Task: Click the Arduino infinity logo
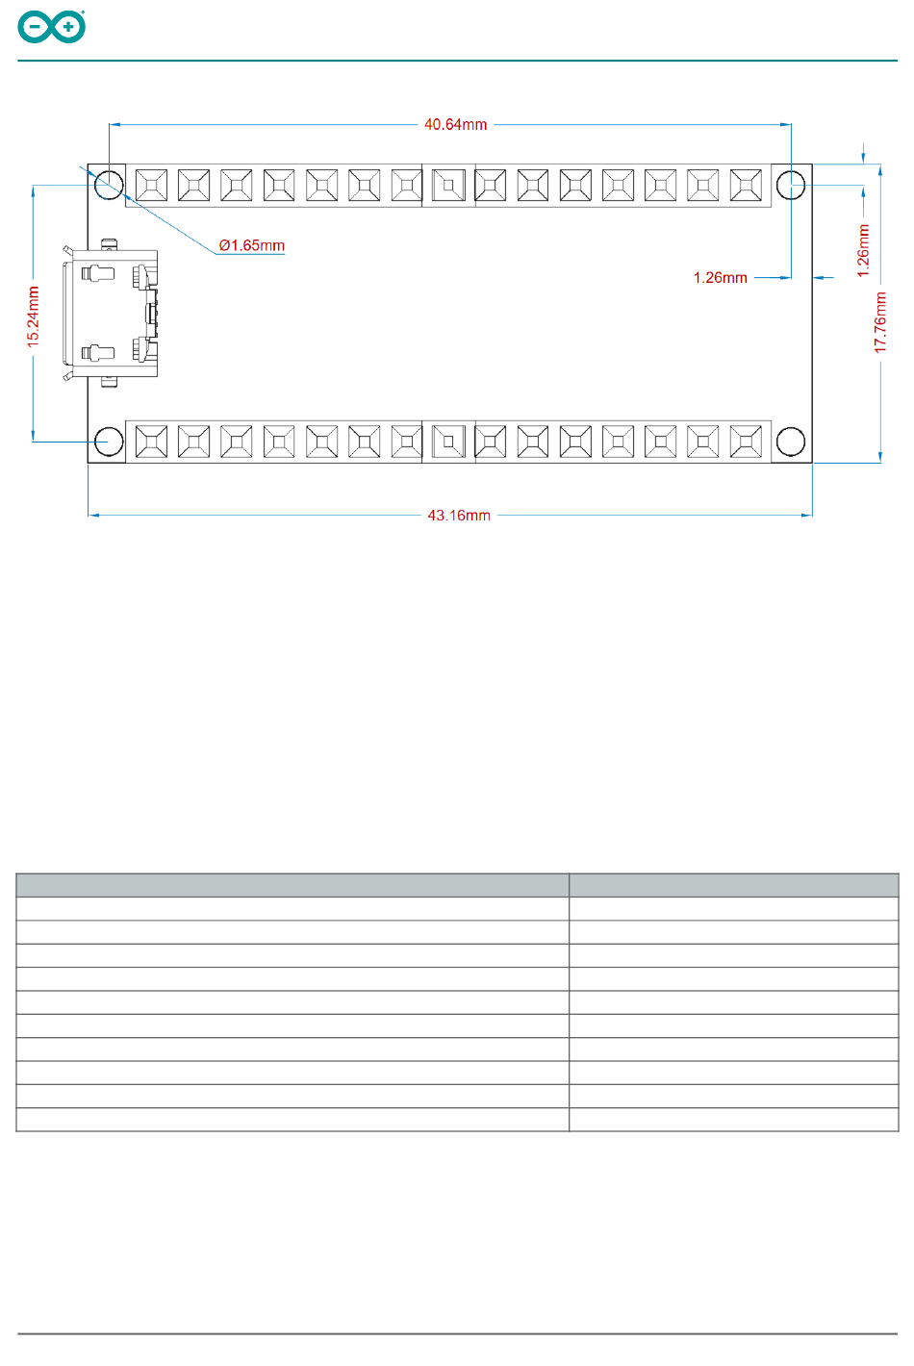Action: point(51,27)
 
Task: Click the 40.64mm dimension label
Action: point(455,124)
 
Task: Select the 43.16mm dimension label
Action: point(459,516)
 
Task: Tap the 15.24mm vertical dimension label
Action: point(33,317)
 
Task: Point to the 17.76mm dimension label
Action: point(880,322)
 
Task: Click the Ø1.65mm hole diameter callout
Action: point(251,245)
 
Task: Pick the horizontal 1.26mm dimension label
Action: point(720,277)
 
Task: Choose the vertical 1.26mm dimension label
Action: point(863,251)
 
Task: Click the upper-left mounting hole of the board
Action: point(109,185)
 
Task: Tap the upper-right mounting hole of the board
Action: point(791,185)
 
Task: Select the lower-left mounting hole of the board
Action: point(109,442)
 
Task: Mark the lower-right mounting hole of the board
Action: point(791,442)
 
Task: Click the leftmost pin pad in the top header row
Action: point(151,185)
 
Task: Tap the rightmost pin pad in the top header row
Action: point(746,185)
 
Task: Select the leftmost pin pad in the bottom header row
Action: point(151,442)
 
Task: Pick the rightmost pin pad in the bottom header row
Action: point(746,442)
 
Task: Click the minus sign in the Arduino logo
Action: point(35,27)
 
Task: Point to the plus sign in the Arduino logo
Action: point(68,27)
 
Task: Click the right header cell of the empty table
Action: point(733,885)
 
